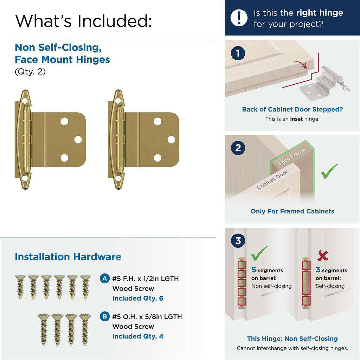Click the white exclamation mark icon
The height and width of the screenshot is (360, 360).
point(239,18)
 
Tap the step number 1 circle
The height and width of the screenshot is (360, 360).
point(238,54)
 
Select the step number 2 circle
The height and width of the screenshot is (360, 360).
point(238,148)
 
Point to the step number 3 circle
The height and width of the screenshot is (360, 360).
point(238,241)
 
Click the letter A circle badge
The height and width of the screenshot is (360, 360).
point(104,278)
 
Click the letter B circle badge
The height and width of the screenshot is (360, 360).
point(104,316)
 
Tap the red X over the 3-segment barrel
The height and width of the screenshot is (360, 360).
point(322,256)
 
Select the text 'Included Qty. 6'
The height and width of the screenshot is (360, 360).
point(137,298)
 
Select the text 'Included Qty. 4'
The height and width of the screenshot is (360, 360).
point(137,336)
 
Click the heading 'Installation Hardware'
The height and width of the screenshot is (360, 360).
point(68,257)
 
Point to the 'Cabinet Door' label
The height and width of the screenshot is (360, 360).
point(272,179)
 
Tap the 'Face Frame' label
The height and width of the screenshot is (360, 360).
point(291,157)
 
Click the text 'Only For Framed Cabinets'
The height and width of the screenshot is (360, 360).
point(292,211)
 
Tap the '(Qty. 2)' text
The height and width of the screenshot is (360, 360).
point(30,72)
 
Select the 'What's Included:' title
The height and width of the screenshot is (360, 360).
point(83,21)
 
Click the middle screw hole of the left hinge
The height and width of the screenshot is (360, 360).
point(78,140)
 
